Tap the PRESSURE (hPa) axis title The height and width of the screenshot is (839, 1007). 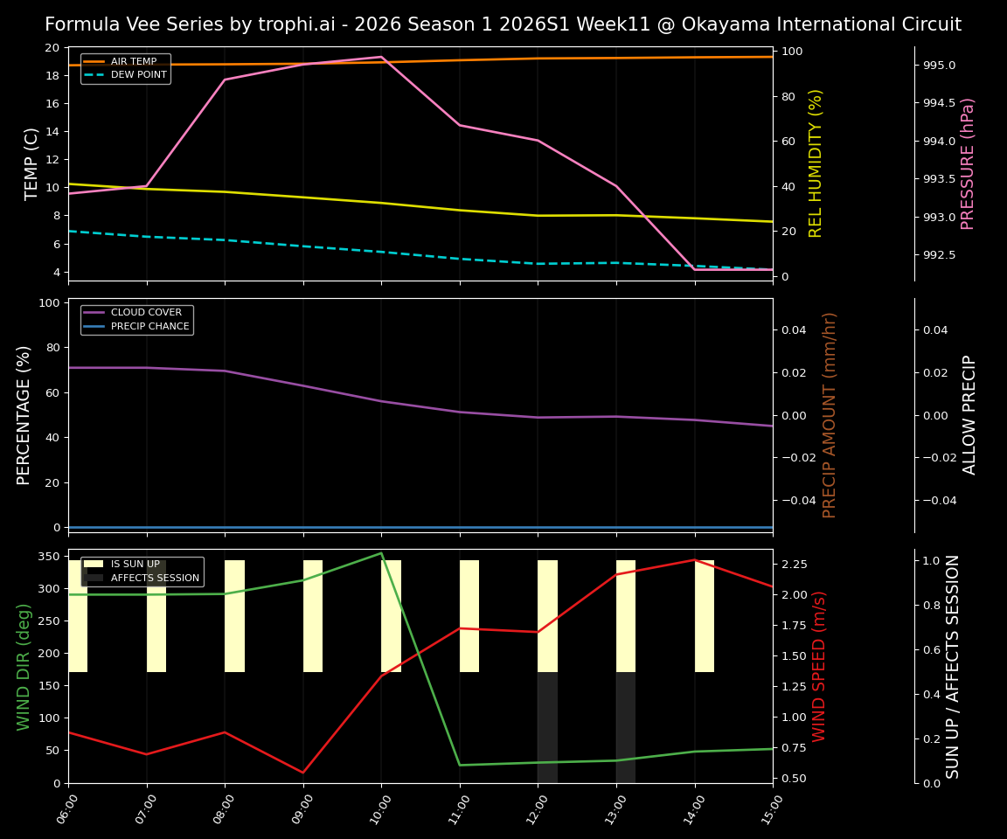[968, 163]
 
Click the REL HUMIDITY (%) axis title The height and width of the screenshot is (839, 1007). [816, 163]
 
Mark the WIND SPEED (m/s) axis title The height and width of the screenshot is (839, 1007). [819, 666]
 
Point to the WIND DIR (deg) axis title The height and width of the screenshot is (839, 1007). [24, 666]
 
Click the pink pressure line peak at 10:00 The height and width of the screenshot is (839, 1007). [381, 57]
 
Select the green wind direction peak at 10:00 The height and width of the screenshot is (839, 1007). [381, 553]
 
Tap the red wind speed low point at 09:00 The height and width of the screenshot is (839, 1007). [303, 773]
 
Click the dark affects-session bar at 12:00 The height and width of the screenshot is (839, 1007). [547, 727]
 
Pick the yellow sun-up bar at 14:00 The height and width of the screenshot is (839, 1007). [705, 616]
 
